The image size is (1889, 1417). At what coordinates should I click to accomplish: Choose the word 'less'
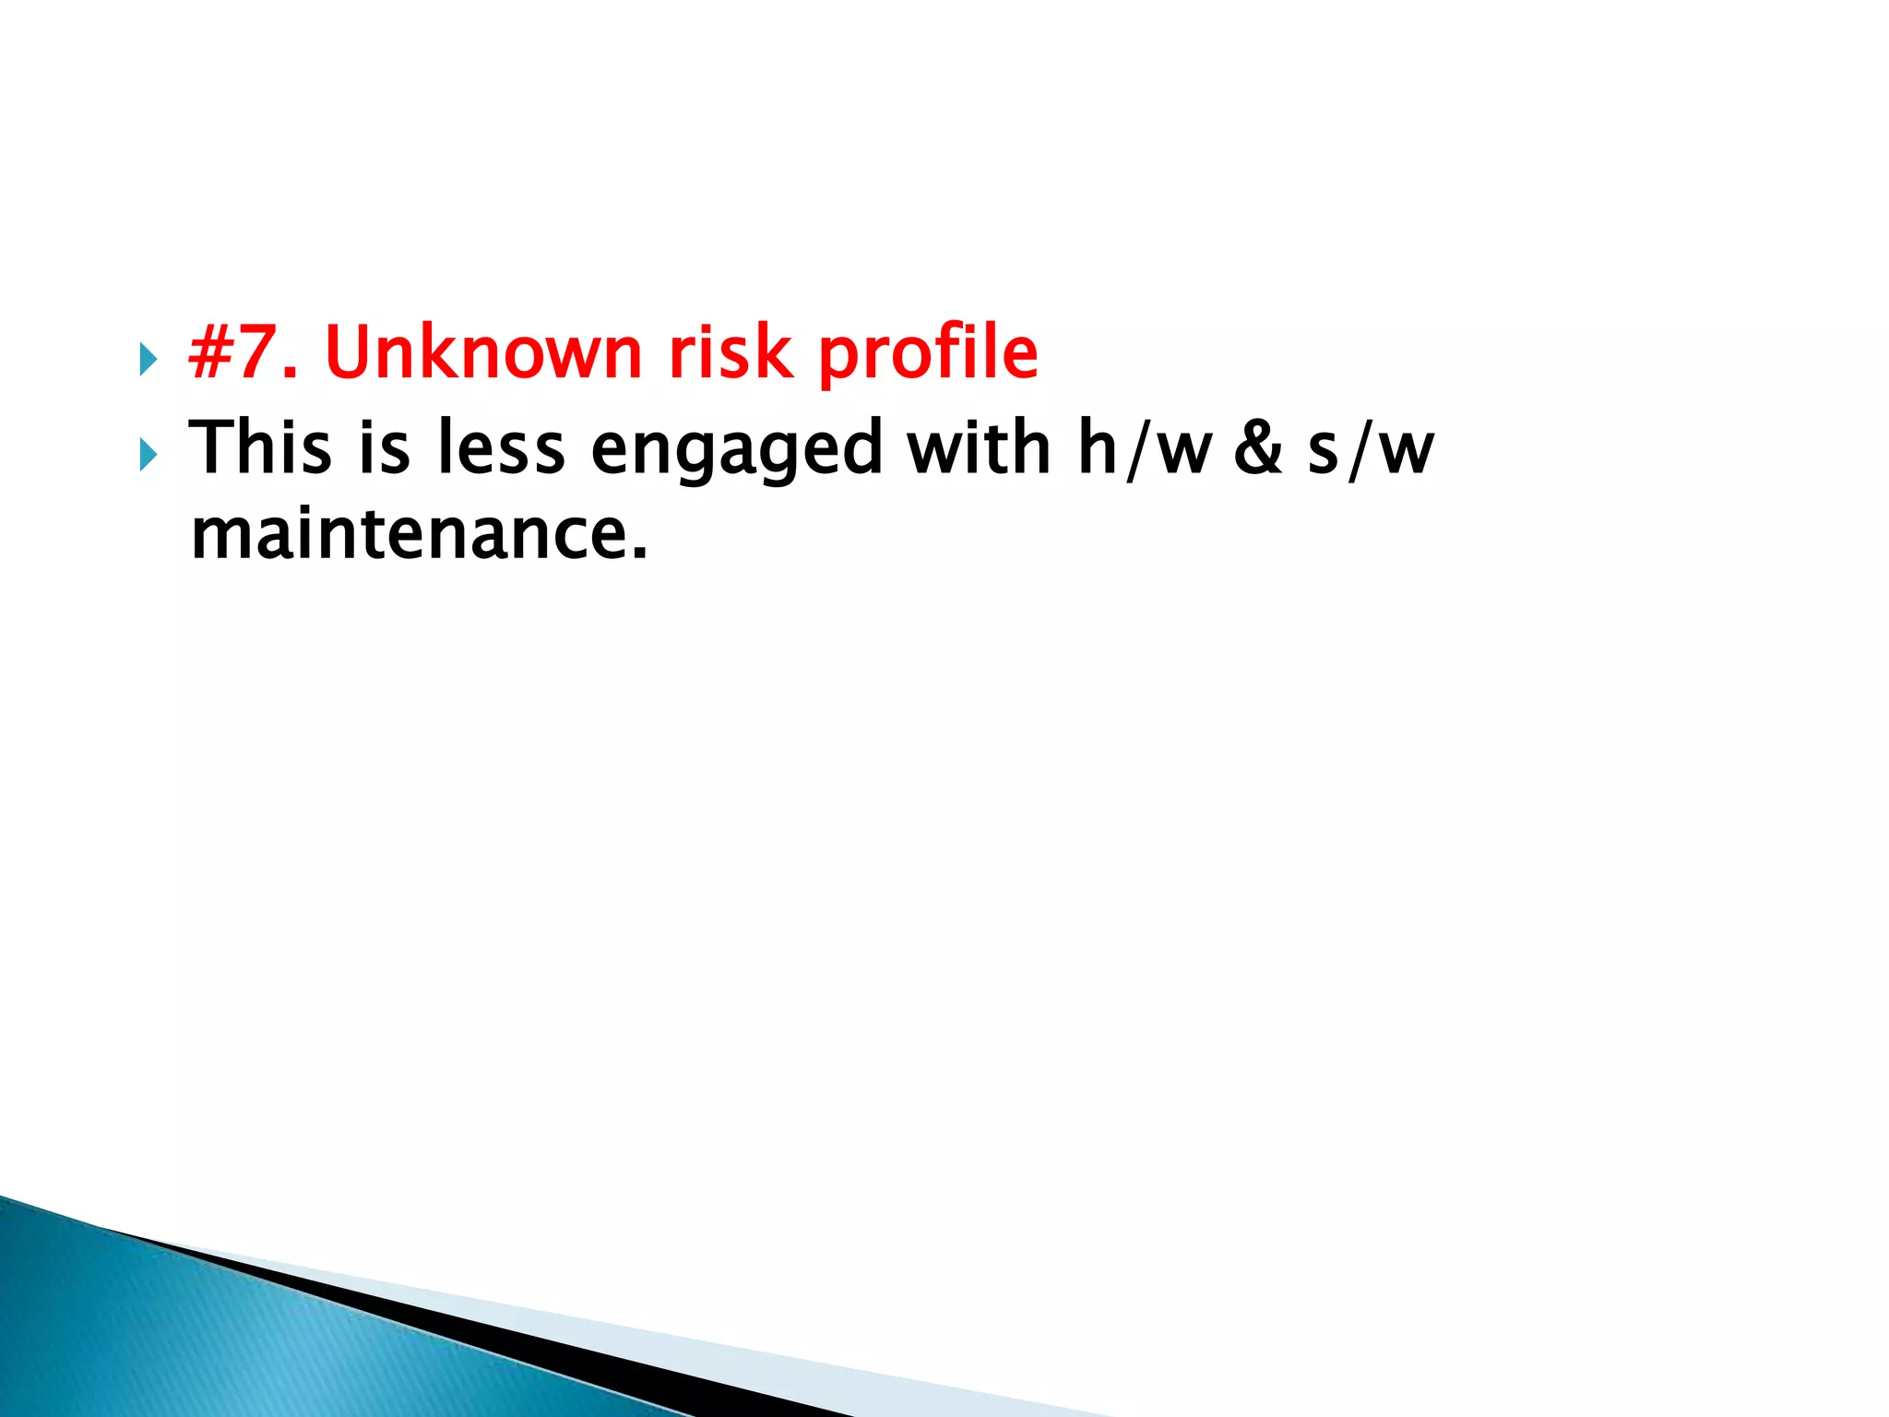[501, 448]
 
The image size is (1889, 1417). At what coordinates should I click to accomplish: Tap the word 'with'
[979, 448]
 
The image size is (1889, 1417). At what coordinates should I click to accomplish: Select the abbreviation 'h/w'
[1145, 450]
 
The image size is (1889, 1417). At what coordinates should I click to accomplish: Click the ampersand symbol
[1258, 450]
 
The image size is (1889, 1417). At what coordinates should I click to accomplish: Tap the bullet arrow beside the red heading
[148, 360]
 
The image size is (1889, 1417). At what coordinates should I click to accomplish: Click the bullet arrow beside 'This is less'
[148, 455]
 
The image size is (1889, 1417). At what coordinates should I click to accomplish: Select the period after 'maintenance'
[639, 554]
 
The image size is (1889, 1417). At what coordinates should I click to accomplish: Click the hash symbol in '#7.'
[209, 352]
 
